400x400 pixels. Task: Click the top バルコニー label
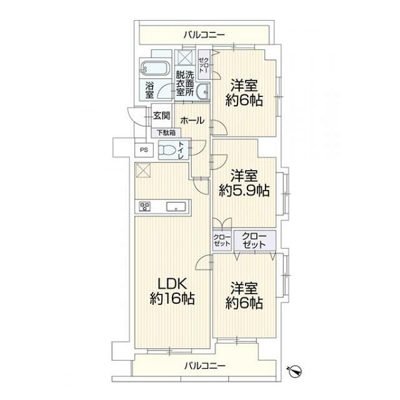(x=204, y=34)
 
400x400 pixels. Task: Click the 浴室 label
(x=149, y=89)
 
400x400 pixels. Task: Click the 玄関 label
(x=161, y=116)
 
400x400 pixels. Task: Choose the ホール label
(x=192, y=121)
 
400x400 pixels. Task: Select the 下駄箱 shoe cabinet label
(x=166, y=132)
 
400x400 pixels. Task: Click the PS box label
(x=144, y=149)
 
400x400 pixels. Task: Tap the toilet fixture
(x=167, y=150)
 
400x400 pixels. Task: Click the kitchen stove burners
(x=145, y=207)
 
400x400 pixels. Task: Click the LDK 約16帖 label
(x=172, y=291)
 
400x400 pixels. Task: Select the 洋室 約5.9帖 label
(x=244, y=182)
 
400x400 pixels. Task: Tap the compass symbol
(x=296, y=370)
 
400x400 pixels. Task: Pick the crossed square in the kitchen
(x=143, y=169)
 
